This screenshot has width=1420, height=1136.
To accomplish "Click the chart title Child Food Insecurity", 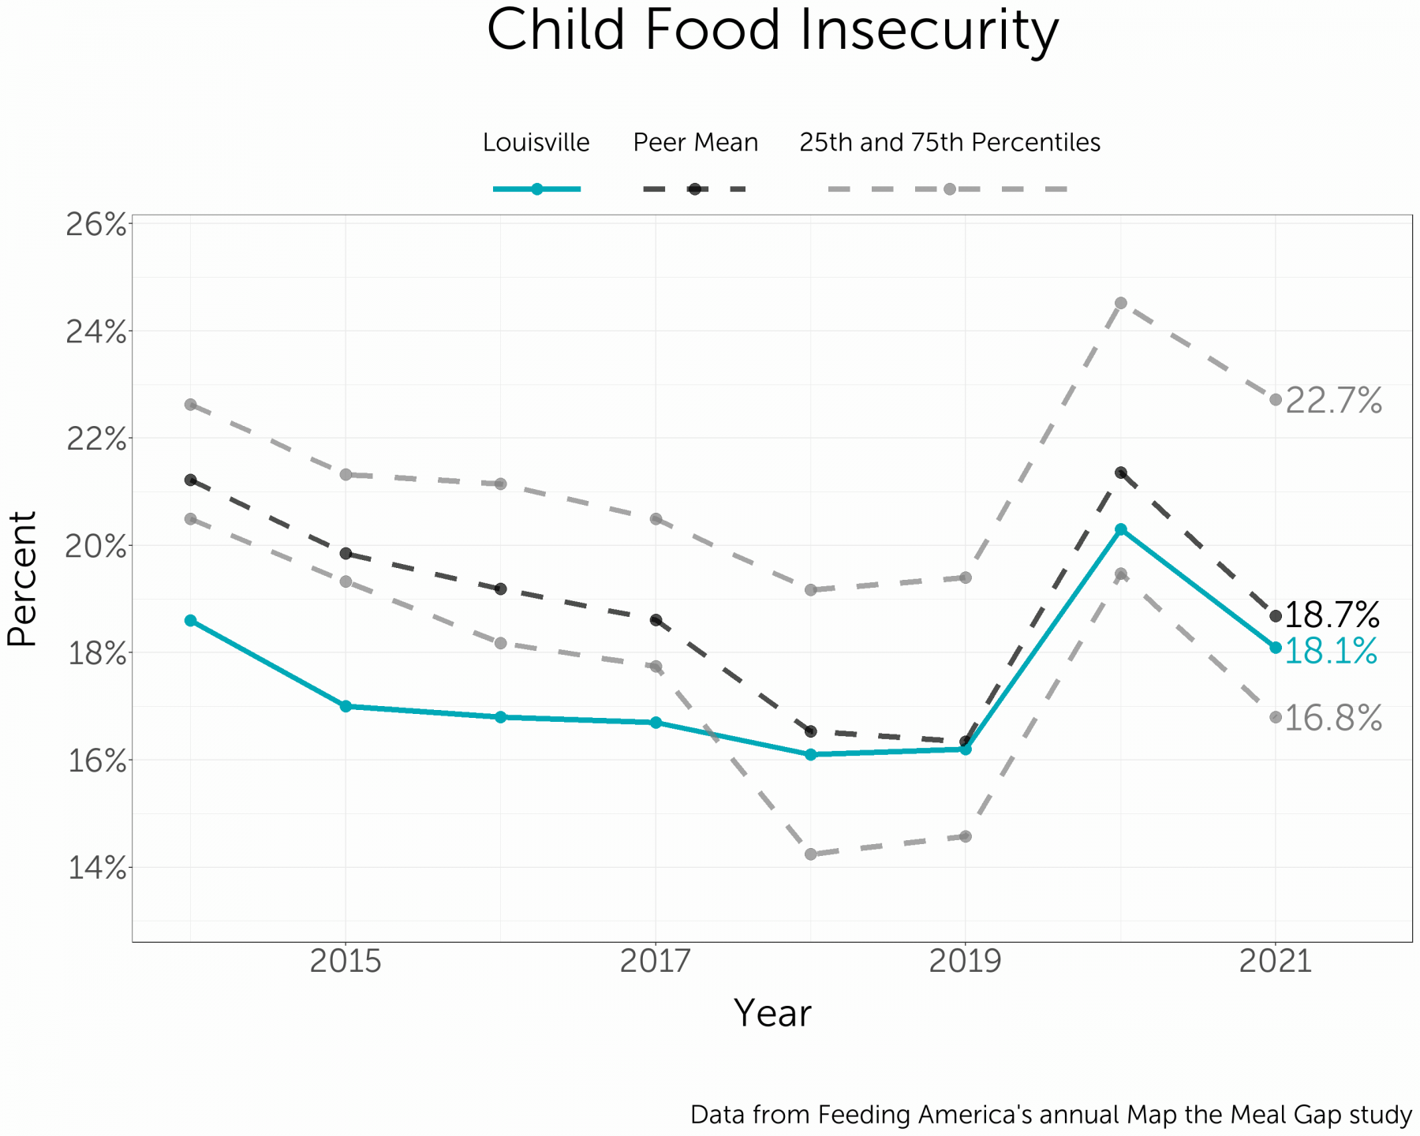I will click(772, 32).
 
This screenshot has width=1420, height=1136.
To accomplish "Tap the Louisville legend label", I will click(536, 143).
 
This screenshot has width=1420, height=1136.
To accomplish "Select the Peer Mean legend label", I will click(695, 143).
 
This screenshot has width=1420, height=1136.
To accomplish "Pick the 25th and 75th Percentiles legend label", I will click(950, 143).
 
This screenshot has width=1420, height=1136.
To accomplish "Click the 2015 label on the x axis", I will click(346, 962).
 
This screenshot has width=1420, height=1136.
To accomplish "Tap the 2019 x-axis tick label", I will click(966, 962).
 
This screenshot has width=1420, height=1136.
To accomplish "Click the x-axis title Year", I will click(772, 1014).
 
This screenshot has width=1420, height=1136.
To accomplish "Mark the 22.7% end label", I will click(1333, 402).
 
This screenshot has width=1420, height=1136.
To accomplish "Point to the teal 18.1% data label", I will click(1331, 652).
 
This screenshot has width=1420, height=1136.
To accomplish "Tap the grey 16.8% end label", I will click(1333, 719).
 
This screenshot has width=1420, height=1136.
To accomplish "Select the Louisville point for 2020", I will click(1120, 529).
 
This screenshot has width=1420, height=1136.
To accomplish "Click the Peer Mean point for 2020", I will click(1120, 473).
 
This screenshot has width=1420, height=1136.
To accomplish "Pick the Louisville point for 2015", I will click(346, 706).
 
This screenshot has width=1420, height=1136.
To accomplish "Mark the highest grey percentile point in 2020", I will click(1120, 303).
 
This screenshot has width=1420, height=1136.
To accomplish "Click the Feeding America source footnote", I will click(1050, 1115).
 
